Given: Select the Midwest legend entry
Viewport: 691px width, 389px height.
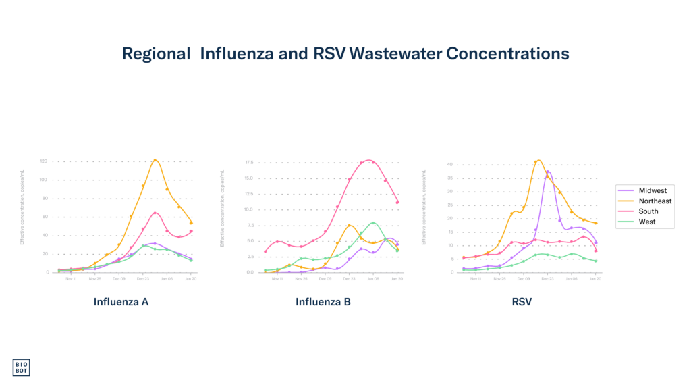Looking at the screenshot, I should [653, 191].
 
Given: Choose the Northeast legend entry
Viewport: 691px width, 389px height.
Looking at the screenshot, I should [655, 201].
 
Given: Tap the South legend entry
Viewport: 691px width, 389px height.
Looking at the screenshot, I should [648, 211].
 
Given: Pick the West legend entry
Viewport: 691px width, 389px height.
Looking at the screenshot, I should [646, 222].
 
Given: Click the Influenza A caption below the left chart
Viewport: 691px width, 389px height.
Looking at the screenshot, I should [121, 302].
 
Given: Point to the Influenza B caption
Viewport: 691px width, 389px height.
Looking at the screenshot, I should [323, 302].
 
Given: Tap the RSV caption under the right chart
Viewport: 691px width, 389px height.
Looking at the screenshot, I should [522, 302].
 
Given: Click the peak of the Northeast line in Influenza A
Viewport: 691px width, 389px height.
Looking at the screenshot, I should [155, 159].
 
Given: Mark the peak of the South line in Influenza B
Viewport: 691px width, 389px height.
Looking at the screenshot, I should [369, 160].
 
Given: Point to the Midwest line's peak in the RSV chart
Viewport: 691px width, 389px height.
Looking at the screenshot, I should [549, 172].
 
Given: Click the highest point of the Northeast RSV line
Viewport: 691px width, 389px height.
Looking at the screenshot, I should [538, 160].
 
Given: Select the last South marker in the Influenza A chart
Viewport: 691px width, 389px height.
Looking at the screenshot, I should [192, 231].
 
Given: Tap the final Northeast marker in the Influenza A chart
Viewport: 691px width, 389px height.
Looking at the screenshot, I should [192, 223].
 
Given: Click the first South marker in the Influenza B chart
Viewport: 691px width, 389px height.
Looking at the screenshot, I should [265, 251].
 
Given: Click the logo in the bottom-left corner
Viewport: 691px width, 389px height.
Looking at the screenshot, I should [22, 367].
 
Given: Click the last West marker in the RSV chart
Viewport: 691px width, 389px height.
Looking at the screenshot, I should [596, 261].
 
